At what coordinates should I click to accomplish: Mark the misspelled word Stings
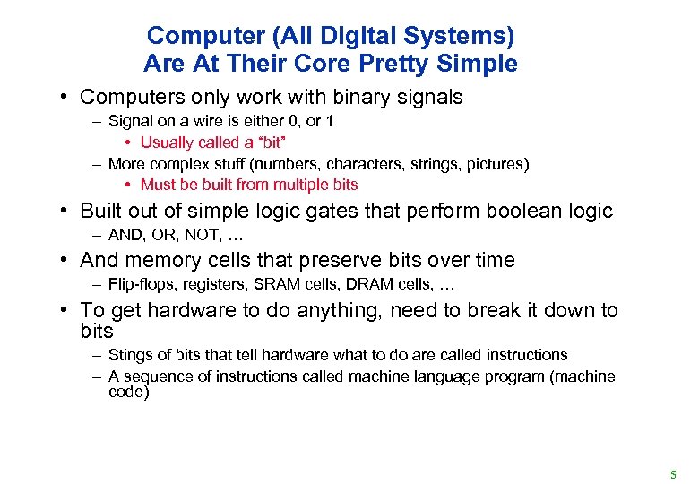coord(129,355)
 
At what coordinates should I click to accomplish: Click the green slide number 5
coord(673,471)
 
